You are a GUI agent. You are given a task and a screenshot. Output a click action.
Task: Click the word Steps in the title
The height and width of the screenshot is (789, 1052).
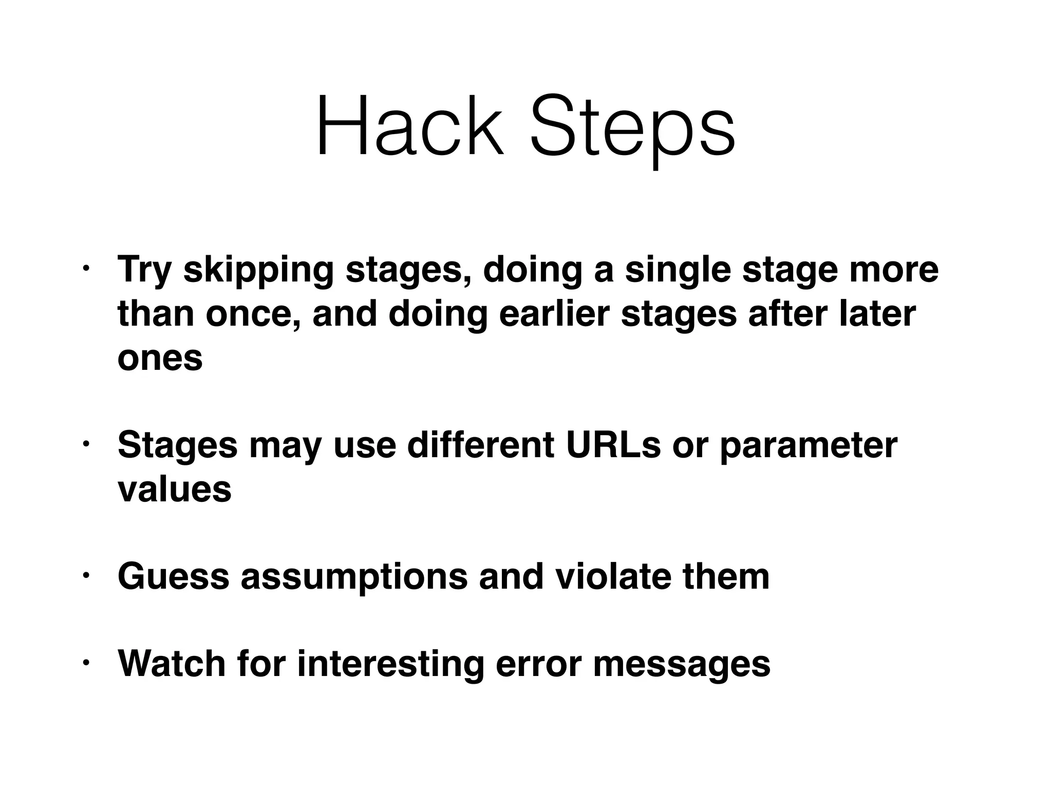coord(632,128)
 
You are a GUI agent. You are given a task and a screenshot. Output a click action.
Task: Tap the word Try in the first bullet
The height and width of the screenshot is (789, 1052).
coord(144,271)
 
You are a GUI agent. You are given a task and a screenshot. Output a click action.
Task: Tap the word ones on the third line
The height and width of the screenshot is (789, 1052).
coord(160,358)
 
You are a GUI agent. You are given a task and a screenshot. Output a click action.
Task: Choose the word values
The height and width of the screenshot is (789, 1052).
coord(174,489)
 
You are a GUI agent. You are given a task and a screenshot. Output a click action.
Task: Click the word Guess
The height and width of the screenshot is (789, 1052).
coord(173,576)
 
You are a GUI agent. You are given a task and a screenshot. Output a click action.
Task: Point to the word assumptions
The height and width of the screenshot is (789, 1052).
coord(354,576)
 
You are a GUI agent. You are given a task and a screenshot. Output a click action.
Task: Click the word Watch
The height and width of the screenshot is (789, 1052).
coord(172,664)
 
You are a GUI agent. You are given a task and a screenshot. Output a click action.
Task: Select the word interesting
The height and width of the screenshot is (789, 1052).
coord(390,664)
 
